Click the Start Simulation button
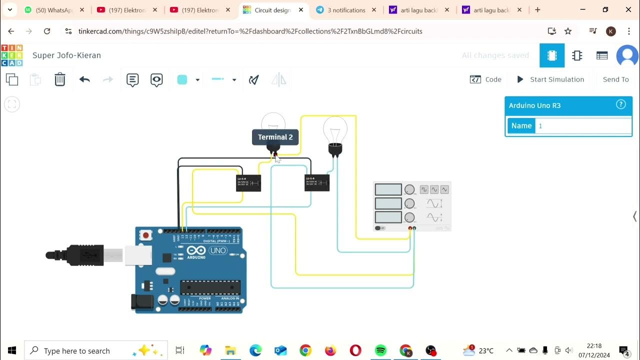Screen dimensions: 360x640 550,79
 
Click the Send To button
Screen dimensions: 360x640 615,79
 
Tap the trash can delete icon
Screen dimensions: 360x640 60,79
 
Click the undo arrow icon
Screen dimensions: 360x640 84,79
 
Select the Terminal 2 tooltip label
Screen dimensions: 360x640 275,137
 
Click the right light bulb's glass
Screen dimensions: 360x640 335,128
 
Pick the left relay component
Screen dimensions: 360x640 248,183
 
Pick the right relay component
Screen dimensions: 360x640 317,183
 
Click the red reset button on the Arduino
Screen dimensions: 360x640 146,235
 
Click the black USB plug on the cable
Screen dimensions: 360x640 80,255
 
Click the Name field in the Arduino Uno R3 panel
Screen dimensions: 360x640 583,126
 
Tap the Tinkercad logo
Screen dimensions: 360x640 11,55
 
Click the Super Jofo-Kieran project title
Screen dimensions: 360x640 66,55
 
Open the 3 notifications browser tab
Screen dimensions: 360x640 346,10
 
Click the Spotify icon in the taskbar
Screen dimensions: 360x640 380,350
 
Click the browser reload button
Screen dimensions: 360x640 47,31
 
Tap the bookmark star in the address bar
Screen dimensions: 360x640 568,31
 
